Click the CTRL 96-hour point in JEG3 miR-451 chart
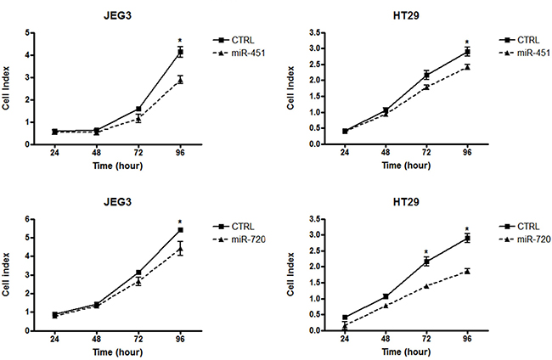[180, 53]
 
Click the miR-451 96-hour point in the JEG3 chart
[180, 80]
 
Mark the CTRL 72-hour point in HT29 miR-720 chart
[426, 262]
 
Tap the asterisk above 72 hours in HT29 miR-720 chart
[426, 251]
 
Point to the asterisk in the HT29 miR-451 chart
[467, 41]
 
